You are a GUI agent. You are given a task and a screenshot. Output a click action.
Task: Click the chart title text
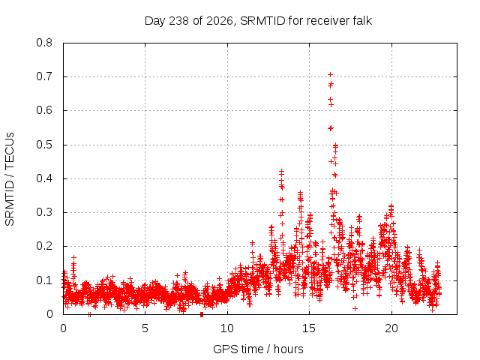click(258, 21)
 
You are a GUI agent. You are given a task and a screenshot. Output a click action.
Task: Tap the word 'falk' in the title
click(361, 21)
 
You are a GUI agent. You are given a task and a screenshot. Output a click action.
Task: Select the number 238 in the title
click(178, 21)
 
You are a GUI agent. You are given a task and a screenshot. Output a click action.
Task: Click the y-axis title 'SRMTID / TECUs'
click(10, 179)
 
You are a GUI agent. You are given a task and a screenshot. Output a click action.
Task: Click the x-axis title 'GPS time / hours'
click(258, 349)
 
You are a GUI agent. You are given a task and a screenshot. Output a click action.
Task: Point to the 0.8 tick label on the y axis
click(44, 43)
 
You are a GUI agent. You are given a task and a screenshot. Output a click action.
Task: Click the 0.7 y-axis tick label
click(44, 76)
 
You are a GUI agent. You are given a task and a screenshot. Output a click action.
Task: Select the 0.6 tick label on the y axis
click(44, 110)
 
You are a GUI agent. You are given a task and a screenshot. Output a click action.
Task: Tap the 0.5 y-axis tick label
click(44, 145)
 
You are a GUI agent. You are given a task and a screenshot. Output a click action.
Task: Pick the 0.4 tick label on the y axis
click(44, 178)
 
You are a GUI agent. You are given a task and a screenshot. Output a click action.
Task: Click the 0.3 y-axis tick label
click(44, 212)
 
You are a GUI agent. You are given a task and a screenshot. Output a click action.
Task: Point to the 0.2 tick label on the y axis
click(44, 246)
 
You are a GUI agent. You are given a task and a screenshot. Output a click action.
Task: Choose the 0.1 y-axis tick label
click(44, 280)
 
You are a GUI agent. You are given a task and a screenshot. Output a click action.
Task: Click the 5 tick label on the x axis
click(145, 328)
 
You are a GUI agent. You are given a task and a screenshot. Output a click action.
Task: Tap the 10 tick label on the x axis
click(227, 328)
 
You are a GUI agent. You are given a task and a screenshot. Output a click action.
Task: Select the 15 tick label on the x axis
click(309, 328)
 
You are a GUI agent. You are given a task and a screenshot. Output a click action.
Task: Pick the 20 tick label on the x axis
click(391, 328)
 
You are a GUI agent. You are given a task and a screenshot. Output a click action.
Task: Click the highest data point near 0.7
click(330, 74)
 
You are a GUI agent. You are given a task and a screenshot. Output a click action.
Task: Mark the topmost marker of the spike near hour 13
click(281, 171)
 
